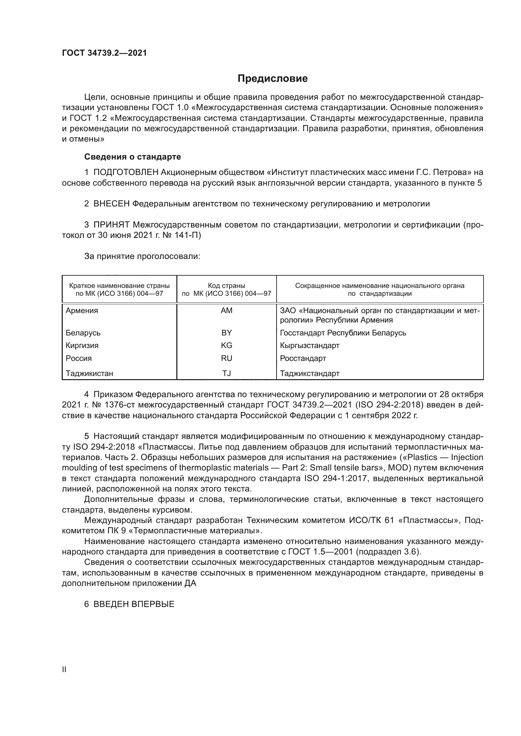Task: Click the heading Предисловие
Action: (272, 79)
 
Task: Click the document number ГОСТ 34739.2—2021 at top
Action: (104, 53)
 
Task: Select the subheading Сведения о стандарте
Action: (133, 157)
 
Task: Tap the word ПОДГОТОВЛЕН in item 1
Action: (126, 172)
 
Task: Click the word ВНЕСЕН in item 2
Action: (111, 204)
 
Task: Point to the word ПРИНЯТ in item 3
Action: (111, 225)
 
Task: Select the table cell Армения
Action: (82, 311)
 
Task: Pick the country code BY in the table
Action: (226, 333)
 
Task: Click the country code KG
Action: (226, 345)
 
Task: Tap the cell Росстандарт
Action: (303, 358)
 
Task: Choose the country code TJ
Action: (226, 373)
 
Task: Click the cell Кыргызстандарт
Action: (310, 345)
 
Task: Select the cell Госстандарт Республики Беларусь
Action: (343, 333)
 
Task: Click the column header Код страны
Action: (226, 286)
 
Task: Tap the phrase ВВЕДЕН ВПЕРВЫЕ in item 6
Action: (134, 604)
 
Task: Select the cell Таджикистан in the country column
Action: (89, 373)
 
